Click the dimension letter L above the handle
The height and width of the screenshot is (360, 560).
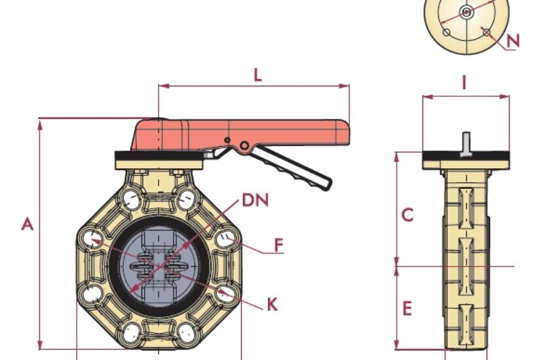(257, 75)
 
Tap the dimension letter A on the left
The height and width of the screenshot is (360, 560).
(28, 224)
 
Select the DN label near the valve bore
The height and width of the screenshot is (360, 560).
(255, 200)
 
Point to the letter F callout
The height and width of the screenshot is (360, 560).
(279, 245)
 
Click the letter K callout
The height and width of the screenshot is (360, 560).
(272, 304)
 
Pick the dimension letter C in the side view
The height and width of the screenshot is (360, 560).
(407, 215)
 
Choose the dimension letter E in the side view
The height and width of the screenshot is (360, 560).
(407, 308)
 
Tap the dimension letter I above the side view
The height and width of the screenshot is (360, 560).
(464, 83)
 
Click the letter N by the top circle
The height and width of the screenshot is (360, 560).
(513, 41)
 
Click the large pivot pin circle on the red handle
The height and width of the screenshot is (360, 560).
(244, 145)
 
